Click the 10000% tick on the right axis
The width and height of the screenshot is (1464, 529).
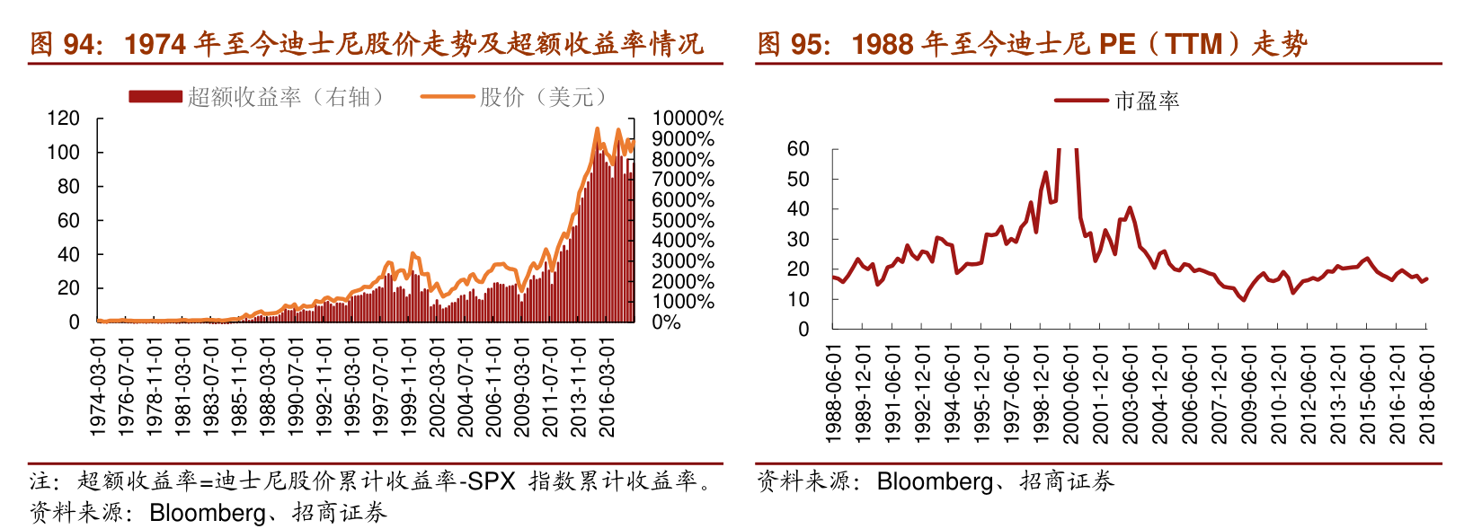click(688, 119)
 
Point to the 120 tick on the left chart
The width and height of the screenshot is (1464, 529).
click(63, 119)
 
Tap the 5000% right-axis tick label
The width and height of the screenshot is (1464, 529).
click(682, 221)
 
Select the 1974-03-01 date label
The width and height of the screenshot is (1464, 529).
click(98, 387)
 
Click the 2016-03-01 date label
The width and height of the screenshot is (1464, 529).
click(608, 387)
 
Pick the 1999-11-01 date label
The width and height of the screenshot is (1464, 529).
click(409, 387)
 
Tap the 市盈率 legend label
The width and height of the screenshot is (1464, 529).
click(1147, 101)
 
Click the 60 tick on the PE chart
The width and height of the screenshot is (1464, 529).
click(798, 149)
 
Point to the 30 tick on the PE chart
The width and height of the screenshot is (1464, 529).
click(798, 240)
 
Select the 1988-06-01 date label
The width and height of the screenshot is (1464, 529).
click(833, 394)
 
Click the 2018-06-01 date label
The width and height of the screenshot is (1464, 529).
click(1426, 394)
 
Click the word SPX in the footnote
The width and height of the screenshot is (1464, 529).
click(492, 481)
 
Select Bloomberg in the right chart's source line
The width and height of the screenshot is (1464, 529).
click(935, 481)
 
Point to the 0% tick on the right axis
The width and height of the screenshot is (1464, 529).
click(666, 322)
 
